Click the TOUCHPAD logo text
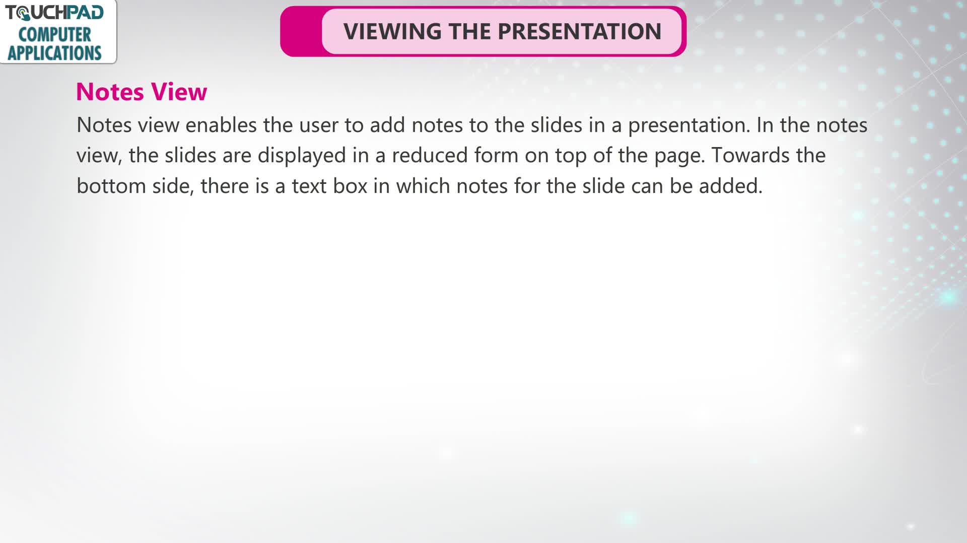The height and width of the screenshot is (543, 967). [54, 13]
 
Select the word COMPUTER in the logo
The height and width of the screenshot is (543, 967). [54, 35]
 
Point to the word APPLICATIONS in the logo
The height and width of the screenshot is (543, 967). [54, 53]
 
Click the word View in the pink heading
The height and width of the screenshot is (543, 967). [179, 92]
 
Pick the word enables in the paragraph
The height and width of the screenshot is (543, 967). [221, 125]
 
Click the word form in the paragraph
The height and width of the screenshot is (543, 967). [496, 155]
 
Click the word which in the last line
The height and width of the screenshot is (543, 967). [423, 186]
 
